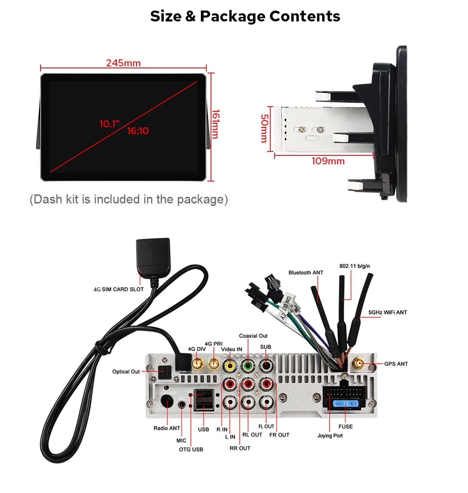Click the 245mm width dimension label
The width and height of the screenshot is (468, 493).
point(123,63)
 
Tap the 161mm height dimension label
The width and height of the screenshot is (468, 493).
point(216,124)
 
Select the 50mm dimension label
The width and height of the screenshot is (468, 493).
point(264,128)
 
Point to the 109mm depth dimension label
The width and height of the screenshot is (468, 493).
point(328,161)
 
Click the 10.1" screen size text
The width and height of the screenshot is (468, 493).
point(110,124)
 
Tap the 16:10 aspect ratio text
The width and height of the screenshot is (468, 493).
point(138,131)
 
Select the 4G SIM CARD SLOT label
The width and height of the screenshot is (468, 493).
point(119,289)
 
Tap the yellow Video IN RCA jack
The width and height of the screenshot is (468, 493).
point(230,366)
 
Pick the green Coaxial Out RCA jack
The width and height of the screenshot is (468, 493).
point(248,366)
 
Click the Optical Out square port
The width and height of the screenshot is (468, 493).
point(164,372)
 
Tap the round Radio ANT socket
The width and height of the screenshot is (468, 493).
point(167,402)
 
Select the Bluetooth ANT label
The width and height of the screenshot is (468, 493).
point(306,272)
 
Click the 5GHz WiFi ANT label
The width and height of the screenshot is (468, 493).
point(388,312)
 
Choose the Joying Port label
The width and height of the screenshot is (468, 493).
point(330,436)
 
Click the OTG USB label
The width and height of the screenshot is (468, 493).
point(191,449)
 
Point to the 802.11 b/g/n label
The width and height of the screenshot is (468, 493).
point(355,266)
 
